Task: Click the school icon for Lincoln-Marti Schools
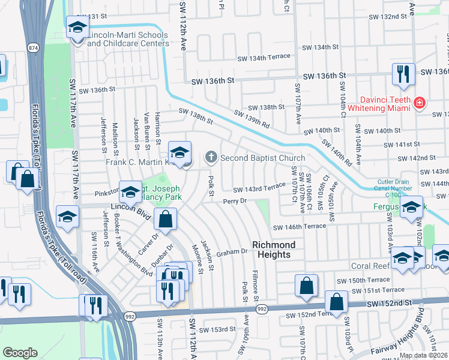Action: (x=77, y=28)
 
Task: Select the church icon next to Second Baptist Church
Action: (x=211, y=158)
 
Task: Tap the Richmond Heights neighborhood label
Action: (x=274, y=250)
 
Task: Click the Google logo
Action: (x=20, y=353)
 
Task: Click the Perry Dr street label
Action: (x=235, y=202)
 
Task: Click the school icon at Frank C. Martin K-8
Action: (x=179, y=153)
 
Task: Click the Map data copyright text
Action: (x=423, y=355)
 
